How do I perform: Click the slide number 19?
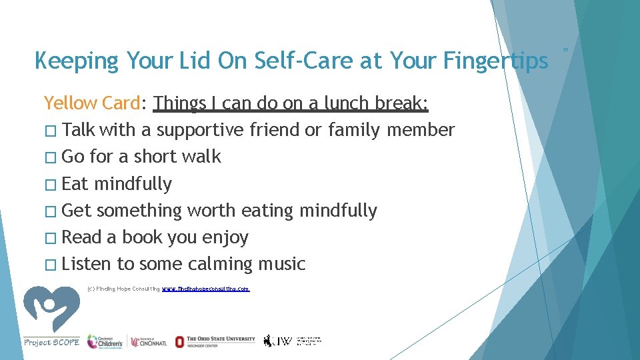tap(564, 49)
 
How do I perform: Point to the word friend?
tap(274, 129)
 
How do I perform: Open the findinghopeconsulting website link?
tap(206, 289)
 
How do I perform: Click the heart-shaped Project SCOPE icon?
tap(51, 308)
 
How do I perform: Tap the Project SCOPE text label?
tap(51, 342)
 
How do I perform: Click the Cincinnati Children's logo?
tap(105, 341)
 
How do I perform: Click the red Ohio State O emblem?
tap(179, 341)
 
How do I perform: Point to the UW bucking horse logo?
tap(269, 341)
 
